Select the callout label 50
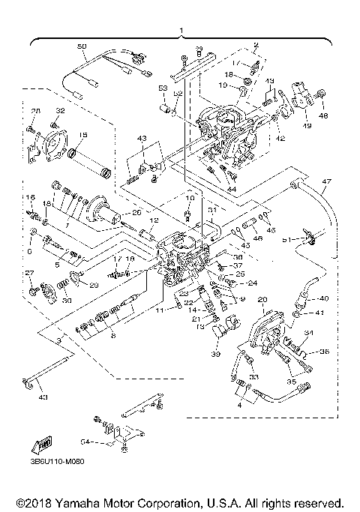click(82, 46)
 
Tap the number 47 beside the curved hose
click(325, 182)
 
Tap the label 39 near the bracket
click(215, 353)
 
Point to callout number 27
click(30, 272)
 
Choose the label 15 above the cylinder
click(82, 135)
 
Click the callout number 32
click(60, 111)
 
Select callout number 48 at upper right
click(324, 116)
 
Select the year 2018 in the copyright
click(40, 502)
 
